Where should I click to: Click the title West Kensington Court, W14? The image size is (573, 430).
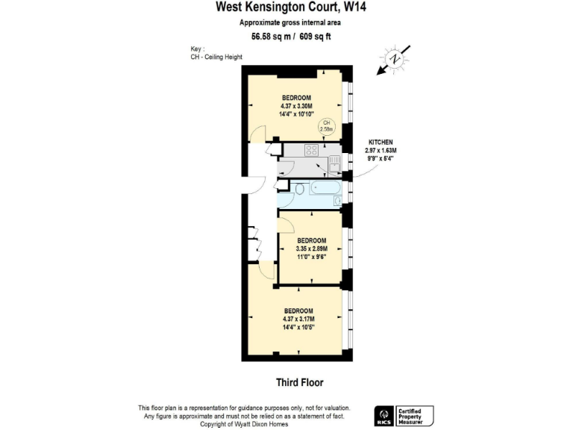tap(286, 7)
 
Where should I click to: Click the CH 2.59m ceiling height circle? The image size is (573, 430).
tap(326, 125)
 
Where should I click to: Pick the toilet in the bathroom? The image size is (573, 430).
tap(299, 189)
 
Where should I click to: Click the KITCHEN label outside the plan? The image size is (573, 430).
tap(380, 142)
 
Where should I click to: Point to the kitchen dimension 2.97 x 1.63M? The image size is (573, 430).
tap(380, 150)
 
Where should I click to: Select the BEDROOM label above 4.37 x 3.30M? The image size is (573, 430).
tap(296, 99)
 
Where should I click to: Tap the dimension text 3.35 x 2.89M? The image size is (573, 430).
tap(311, 248)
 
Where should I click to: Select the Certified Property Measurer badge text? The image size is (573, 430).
tap(416, 416)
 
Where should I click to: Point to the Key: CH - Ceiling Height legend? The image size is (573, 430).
tap(216, 53)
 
